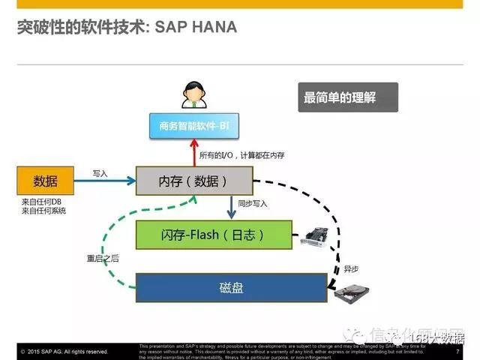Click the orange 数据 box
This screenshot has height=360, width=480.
(45, 181)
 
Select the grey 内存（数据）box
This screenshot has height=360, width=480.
(194, 181)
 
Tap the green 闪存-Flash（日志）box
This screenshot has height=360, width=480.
(214, 235)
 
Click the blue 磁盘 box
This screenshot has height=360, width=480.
(231, 287)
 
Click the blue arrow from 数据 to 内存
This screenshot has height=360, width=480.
(105, 181)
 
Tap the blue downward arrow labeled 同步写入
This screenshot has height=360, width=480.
(232, 208)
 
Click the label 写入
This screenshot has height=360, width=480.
(100, 173)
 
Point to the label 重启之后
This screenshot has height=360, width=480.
(103, 258)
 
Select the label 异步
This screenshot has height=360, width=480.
(351, 268)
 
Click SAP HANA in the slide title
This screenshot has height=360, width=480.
(196, 28)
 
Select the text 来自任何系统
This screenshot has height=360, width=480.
(43, 211)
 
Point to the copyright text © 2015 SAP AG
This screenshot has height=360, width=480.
(64, 352)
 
